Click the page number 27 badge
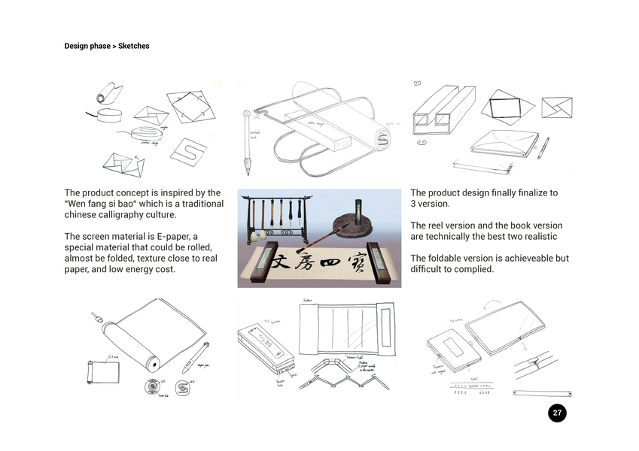click(x=556, y=413)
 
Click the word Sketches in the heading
click(x=134, y=46)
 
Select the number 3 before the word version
click(x=413, y=204)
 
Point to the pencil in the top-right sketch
click(x=543, y=147)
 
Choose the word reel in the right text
click(x=437, y=225)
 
